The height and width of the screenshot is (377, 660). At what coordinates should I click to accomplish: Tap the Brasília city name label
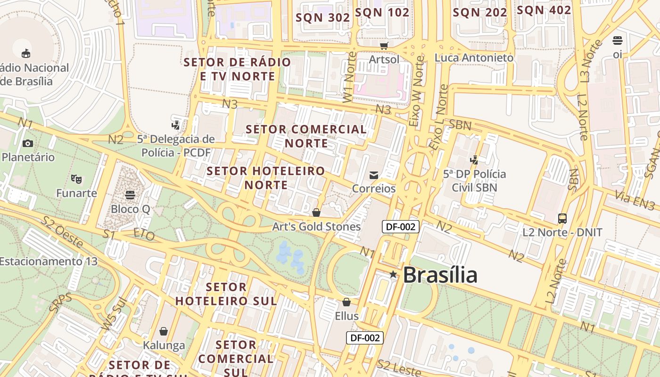(440, 275)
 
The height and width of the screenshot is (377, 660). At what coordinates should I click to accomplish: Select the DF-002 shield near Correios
(400, 227)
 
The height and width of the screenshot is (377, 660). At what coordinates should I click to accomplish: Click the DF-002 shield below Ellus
(365, 337)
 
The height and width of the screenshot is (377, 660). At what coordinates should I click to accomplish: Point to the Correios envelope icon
(374, 175)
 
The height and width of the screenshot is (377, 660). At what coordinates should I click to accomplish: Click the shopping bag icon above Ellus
(346, 302)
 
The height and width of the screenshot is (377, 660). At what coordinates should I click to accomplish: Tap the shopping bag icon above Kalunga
(164, 332)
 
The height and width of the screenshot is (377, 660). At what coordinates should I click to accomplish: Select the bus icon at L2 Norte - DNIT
(562, 219)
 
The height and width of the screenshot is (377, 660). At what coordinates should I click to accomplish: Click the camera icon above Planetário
(28, 143)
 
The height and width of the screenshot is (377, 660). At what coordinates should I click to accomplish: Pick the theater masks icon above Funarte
(76, 179)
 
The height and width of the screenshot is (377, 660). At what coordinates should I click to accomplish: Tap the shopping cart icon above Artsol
(384, 46)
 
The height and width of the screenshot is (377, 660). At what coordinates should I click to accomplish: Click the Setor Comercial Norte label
(306, 136)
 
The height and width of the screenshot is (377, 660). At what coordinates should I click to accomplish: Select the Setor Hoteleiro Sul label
(226, 294)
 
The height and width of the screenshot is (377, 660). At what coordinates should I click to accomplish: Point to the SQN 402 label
(544, 10)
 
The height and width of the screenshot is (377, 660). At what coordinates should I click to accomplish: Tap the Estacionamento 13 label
(48, 261)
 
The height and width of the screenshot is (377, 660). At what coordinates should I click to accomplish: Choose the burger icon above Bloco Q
(130, 195)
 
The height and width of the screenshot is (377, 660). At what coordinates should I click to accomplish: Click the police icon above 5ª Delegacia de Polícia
(176, 125)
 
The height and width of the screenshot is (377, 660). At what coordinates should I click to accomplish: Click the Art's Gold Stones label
(316, 227)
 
